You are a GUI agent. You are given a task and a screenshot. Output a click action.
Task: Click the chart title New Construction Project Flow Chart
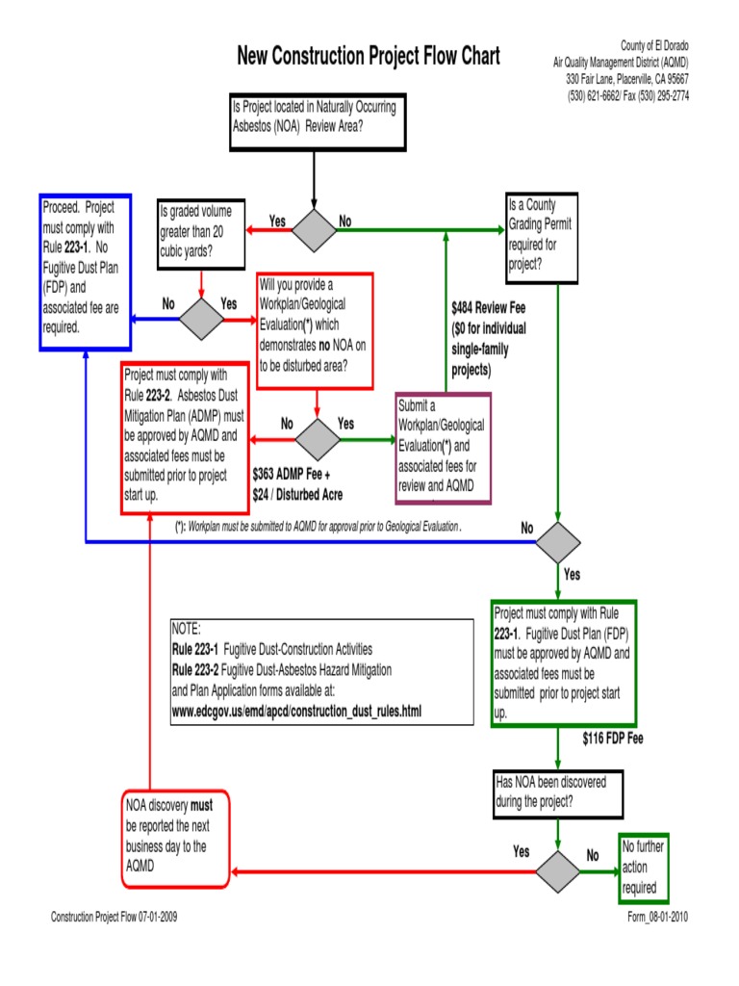point(369,57)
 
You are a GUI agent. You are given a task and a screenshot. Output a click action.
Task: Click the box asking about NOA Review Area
point(315,120)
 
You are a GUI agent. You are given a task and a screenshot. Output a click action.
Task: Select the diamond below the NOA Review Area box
point(314,230)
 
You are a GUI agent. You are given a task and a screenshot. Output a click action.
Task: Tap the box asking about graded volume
point(200,234)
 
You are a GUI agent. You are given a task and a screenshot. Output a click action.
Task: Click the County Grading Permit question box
point(543,237)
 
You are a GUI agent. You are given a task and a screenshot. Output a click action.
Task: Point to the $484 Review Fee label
point(488,309)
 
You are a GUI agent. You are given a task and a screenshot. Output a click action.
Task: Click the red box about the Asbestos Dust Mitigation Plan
point(186,436)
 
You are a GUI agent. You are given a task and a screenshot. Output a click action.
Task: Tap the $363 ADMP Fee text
point(291,475)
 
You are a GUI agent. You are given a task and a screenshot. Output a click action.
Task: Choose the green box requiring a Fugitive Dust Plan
point(563,663)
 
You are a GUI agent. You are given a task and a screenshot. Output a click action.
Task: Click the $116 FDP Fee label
point(612,739)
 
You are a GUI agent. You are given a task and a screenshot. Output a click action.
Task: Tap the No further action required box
point(642,868)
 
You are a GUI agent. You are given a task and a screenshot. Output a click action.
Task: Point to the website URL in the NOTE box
point(296,711)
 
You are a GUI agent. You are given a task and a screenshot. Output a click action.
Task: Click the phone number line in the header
point(627,95)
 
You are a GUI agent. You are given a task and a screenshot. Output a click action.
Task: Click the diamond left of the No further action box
point(558,871)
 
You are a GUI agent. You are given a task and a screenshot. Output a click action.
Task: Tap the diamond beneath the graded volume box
point(201,319)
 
